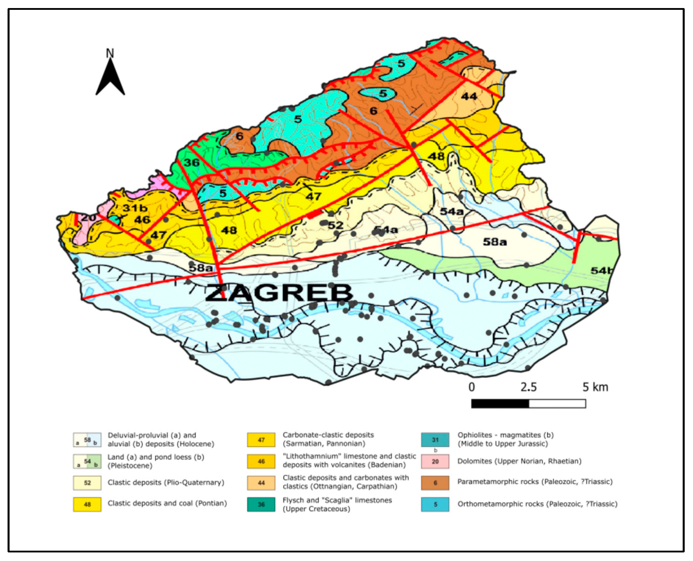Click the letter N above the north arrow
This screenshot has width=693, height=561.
pyautogui.click(x=110, y=53)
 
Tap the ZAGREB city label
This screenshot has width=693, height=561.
pyautogui.click(x=279, y=293)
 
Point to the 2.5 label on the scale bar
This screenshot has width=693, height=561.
pyautogui.click(x=528, y=387)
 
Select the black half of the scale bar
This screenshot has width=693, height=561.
pyautogui.click(x=500, y=404)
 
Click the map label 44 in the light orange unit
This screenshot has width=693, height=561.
pyautogui.click(x=469, y=96)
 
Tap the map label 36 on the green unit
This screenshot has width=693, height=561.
pyautogui.click(x=192, y=162)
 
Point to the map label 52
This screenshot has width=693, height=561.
pyautogui.click(x=336, y=225)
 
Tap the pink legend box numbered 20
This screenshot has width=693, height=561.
pyautogui.click(x=435, y=461)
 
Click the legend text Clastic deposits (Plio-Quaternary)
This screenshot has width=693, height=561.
pyautogui.click(x=166, y=482)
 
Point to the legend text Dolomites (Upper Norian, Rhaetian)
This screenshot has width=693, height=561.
pyautogui.click(x=519, y=461)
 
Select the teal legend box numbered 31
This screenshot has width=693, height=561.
pyautogui.click(x=435, y=440)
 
